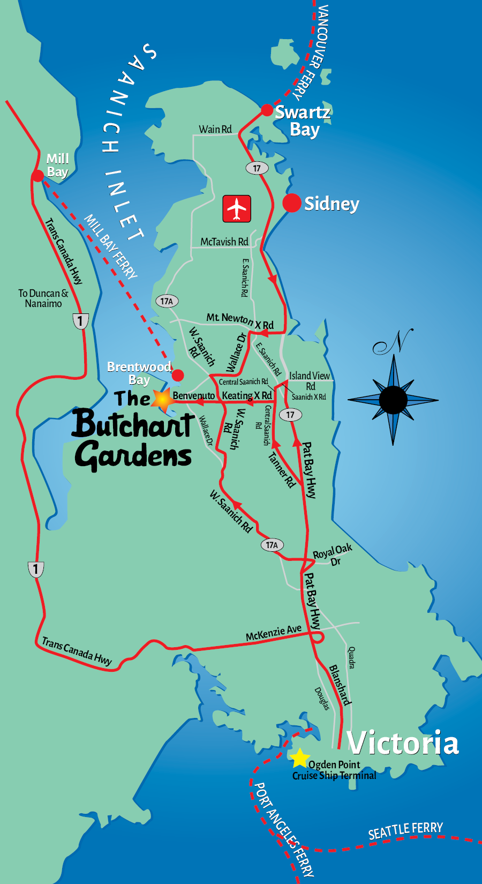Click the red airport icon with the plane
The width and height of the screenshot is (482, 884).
pyautogui.click(x=237, y=208)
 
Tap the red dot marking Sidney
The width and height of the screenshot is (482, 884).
pyautogui.click(x=292, y=203)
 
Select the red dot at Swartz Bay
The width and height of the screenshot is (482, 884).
pyautogui.click(x=267, y=110)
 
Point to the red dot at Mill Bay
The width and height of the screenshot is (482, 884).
pyautogui.click(x=37, y=176)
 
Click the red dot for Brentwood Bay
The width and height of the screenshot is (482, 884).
pyautogui.click(x=178, y=375)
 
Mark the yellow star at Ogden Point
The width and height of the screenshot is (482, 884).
pyautogui.click(x=300, y=758)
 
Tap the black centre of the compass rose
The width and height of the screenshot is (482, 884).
pyautogui.click(x=393, y=400)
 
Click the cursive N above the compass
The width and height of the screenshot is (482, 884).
pyautogui.click(x=394, y=342)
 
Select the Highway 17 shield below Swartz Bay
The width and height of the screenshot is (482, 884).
pyautogui.click(x=257, y=168)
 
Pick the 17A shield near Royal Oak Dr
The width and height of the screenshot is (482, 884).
pyautogui.click(x=272, y=545)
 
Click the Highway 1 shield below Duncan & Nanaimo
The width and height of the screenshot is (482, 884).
pyautogui.click(x=80, y=321)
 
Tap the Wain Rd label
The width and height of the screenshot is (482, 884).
pyautogui.click(x=215, y=129)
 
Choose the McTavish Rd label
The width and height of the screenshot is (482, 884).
pyautogui.click(x=224, y=242)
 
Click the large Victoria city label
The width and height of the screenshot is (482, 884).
pyautogui.click(x=403, y=743)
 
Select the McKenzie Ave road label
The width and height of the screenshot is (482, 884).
pyautogui.click(x=274, y=633)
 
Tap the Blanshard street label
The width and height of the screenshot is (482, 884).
pyautogui.click(x=340, y=685)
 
